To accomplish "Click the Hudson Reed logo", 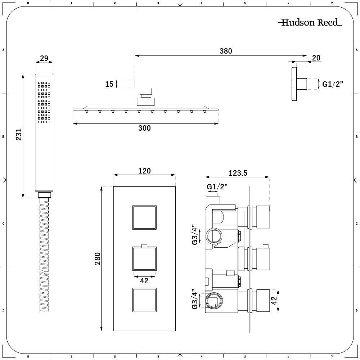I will [x=310, y=23].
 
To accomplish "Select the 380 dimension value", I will [x=226, y=51].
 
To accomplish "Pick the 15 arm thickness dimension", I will [x=109, y=84].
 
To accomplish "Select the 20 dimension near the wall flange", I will [x=316, y=58].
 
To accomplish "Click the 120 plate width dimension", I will [x=144, y=171].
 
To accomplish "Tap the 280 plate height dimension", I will [x=97, y=258].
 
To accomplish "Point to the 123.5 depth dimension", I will [x=238, y=173].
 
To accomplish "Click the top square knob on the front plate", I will [x=144, y=217].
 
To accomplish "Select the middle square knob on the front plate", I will [x=144, y=259].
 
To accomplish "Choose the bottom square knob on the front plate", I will [x=144, y=300].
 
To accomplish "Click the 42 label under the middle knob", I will [x=144, y=281].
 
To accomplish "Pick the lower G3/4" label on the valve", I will [x=195, y=299].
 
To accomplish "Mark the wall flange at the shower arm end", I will [x=294, y=84].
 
